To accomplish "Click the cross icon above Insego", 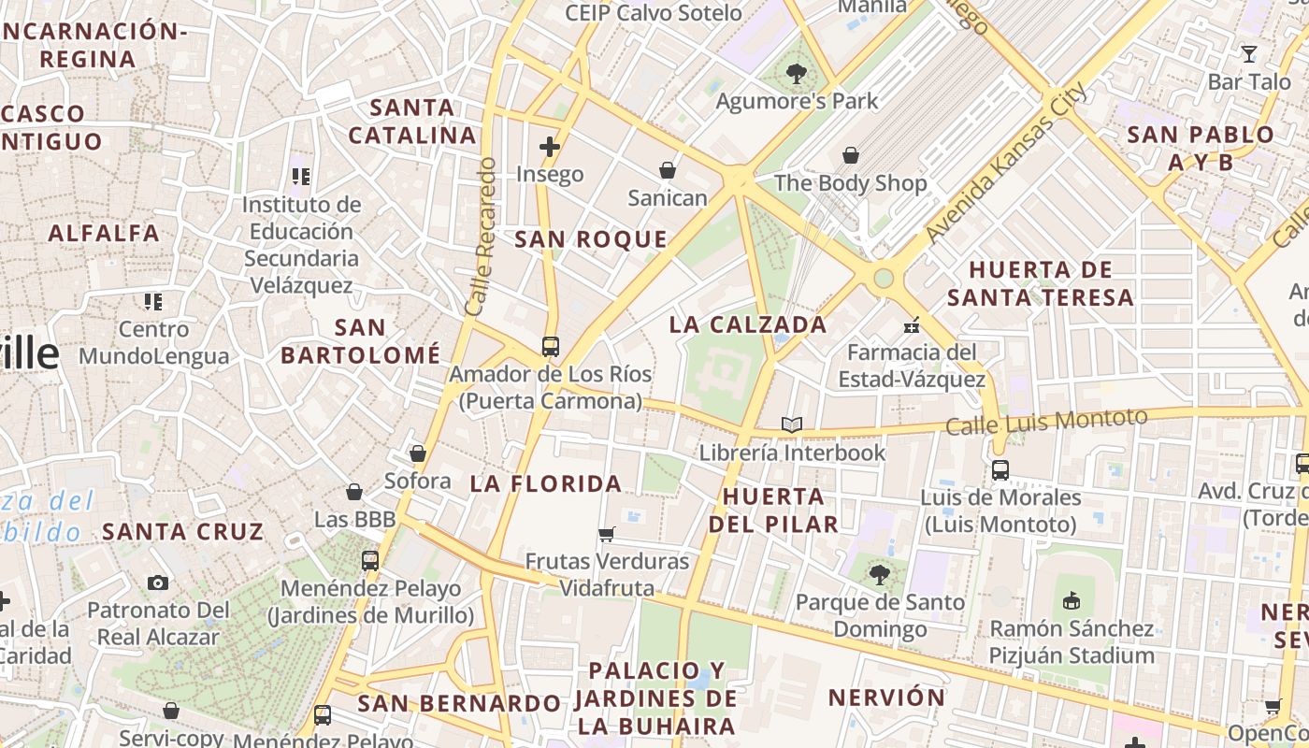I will pos(550,147).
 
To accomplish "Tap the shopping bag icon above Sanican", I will pos(668,170).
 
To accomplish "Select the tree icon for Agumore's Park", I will pos(797,73).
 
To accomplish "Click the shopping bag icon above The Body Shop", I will pos(851,155).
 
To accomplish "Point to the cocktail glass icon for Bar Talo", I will pos(1249,53).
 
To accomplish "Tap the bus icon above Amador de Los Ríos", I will pos(551,347).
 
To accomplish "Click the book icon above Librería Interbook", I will pos(792,425).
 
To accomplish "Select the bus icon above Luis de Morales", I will pos(1000,469).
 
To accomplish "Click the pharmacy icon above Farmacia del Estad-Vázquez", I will pos(912,325).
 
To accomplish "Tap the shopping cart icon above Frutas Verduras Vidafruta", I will pos(607,534).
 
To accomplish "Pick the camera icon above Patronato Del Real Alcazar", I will pos(158,583).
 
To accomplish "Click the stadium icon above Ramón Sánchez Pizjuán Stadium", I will pos(1072,599).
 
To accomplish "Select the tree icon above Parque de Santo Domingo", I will pos(879,574).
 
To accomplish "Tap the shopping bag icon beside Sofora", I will pos(418,453).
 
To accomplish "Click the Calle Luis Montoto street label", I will pos(1046,422).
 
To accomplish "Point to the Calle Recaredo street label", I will pos(480,237).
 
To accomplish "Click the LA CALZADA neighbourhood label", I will pos(749,325).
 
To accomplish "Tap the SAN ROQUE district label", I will pos(591,239).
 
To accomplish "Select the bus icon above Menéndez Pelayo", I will pos(370,561).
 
